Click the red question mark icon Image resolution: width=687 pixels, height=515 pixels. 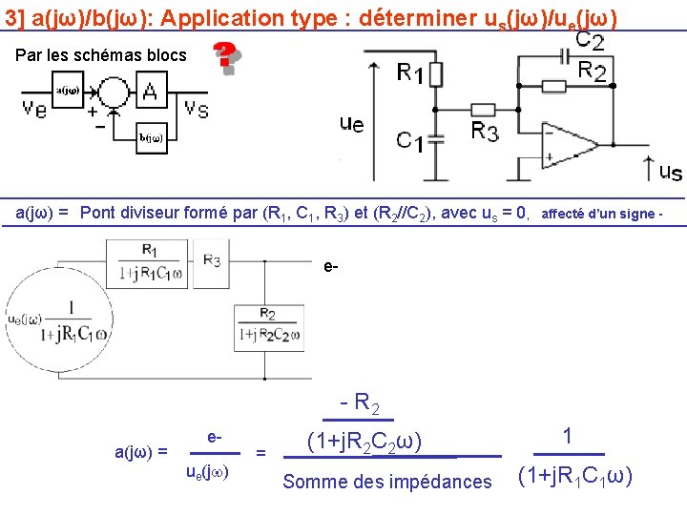(x=225, y=57)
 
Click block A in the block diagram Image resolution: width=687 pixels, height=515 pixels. (x=150, y=91)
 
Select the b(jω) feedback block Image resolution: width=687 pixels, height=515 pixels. (x=151, y=137)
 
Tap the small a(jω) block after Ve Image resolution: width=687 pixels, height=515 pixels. (x=67, y=91)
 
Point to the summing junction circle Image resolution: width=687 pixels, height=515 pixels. (x=113, y=92)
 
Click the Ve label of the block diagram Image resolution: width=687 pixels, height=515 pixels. (x=35, y=108)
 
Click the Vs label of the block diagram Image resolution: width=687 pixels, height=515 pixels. (x=198, y=108)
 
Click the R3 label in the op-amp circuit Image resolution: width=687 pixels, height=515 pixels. (x=485, y=132)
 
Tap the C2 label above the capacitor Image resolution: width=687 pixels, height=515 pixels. (x=589, y=41)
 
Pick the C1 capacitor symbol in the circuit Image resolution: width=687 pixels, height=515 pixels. (x=434, y=140)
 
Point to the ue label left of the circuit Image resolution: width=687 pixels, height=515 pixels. (x=351, y=123)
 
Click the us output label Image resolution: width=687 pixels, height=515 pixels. (x=671, y=173)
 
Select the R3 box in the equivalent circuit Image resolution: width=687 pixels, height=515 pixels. (x=212, y=260)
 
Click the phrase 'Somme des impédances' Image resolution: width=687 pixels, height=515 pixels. (x=387, y=482)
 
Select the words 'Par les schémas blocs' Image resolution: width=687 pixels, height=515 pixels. (x=101, y=55)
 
